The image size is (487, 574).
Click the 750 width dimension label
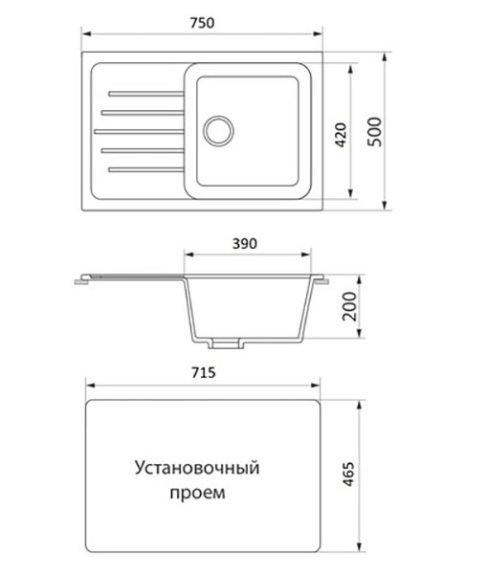(x=202, y=23)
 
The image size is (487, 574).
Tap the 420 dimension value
(x=341, y=135)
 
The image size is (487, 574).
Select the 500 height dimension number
(x=374, y=132)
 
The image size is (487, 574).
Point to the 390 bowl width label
(x=245, y=243)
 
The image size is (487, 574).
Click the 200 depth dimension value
(x=349, y=306)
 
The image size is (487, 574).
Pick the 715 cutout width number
(x=204, y=373)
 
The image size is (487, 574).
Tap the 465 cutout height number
(x=348, y=475)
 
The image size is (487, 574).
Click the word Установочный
(x=197, y=468)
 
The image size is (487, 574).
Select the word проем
(x=197, y=493)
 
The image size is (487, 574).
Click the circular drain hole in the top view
(x=218, y=131)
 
